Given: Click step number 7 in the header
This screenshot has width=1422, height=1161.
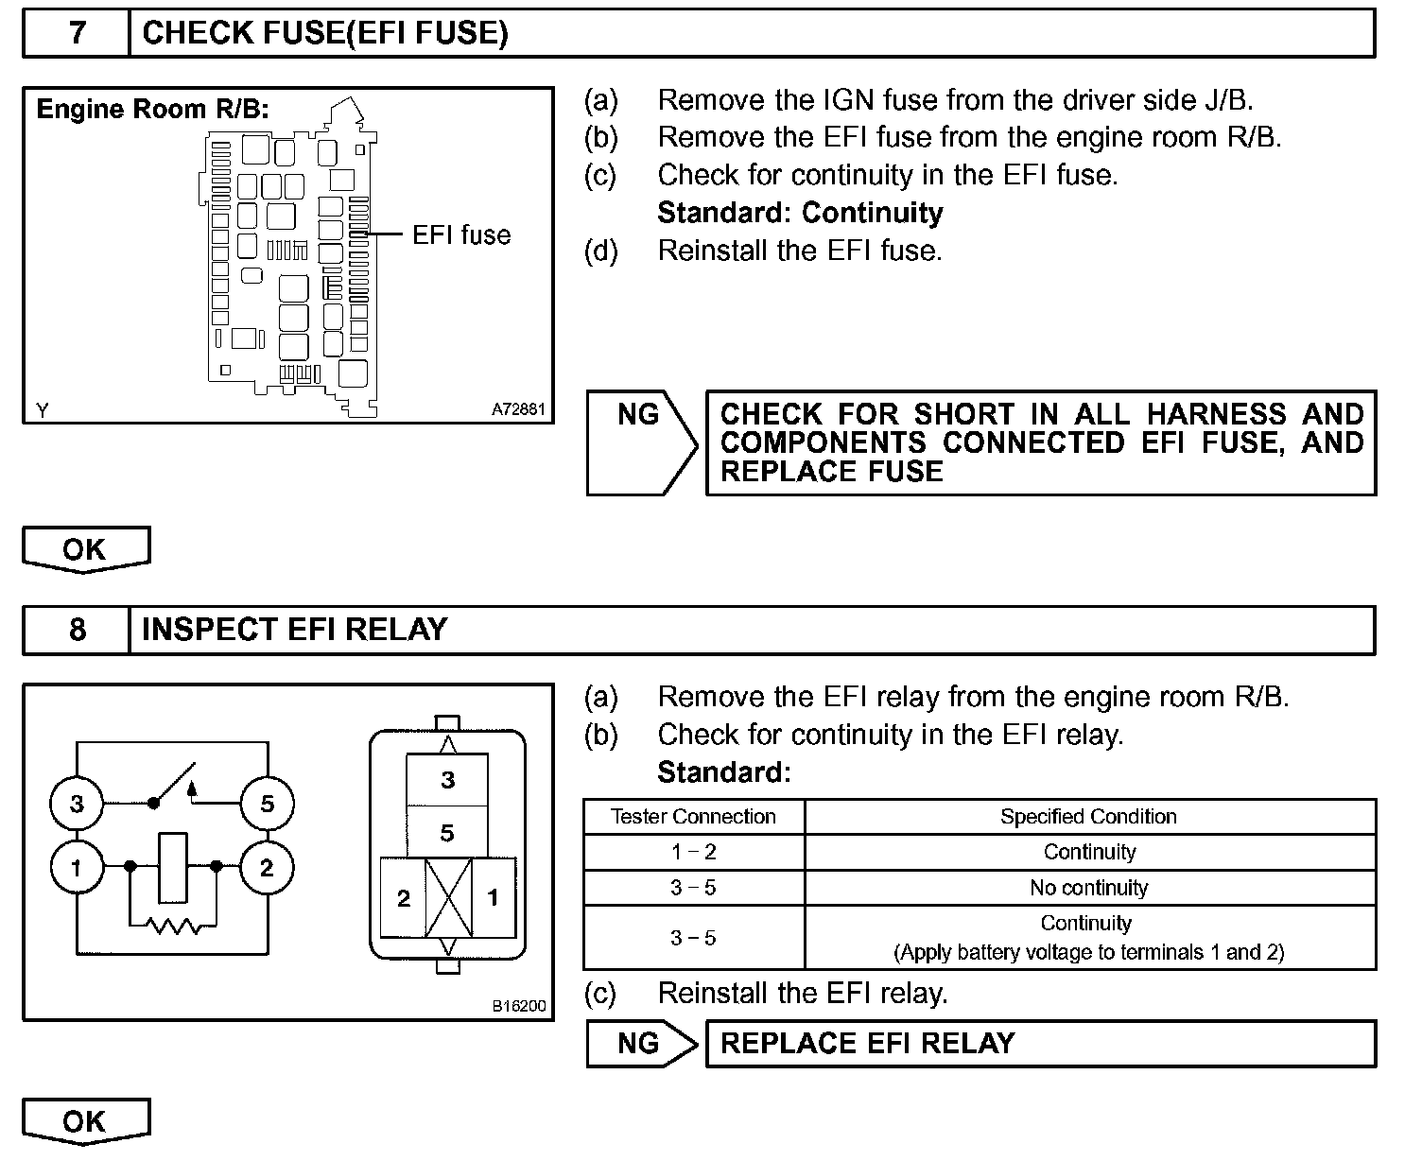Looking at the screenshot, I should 77,33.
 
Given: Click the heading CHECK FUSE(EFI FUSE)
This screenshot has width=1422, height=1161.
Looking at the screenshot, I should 324,33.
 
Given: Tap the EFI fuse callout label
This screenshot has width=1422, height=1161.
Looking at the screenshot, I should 461,234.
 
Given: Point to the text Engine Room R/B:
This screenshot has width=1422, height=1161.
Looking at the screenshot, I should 152,109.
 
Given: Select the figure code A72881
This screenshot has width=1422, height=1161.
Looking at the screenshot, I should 519,410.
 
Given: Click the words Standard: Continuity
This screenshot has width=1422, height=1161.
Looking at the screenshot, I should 800,213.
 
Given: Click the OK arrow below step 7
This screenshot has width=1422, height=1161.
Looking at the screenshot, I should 85,549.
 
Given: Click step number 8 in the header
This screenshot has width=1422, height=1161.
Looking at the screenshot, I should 77,630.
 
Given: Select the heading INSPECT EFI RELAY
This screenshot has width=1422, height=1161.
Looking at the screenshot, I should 294,630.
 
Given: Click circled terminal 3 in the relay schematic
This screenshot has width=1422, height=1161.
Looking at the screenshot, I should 77,804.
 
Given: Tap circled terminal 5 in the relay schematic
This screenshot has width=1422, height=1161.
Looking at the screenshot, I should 267,804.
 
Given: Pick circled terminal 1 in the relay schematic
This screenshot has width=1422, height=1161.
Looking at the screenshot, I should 77,867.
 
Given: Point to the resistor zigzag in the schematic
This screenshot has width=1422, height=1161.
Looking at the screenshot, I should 173,927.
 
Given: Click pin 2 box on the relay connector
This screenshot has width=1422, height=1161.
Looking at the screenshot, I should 404,897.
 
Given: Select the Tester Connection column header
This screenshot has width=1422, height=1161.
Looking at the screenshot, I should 693,817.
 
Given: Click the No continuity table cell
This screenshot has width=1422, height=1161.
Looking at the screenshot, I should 1089,888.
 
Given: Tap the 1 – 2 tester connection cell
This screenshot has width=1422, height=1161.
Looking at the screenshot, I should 693,852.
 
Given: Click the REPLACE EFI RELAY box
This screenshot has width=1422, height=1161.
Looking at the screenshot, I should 1040,1043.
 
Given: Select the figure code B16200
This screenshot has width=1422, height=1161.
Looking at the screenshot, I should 519,1006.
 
